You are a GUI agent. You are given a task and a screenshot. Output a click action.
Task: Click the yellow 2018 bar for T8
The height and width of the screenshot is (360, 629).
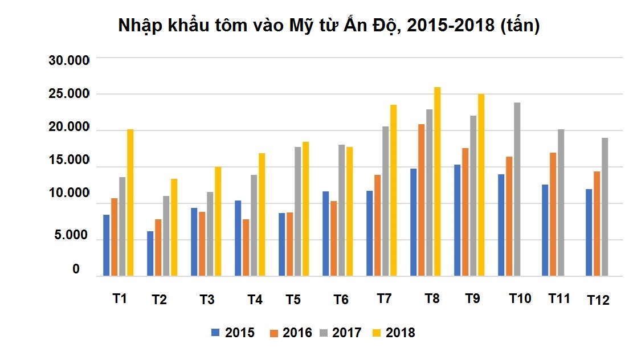point(437,182)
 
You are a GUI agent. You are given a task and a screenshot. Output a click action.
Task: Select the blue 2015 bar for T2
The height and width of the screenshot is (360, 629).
point(150,253)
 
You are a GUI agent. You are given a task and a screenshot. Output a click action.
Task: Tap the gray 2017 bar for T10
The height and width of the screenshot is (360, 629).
point(517,189)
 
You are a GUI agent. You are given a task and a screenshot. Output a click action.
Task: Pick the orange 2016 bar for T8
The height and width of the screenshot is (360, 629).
point(421,200)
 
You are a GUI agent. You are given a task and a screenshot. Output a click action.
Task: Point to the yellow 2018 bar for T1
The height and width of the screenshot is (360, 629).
point(130,203)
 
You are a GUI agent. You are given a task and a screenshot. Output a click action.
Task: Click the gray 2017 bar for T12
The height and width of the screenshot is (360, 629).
point(605,207)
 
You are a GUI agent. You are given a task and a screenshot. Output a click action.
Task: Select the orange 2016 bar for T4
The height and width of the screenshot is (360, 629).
point(246,248)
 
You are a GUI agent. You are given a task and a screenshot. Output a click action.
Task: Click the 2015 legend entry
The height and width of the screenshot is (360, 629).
point(233,333)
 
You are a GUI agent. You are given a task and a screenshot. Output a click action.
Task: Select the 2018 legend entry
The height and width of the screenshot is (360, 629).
point(394,333)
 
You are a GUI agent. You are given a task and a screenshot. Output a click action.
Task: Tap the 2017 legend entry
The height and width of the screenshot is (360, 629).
point(340,333)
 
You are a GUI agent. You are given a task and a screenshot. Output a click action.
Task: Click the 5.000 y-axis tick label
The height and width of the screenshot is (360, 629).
point(72,236)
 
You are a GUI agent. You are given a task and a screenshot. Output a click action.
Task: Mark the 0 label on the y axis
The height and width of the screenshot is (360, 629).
point(76,269)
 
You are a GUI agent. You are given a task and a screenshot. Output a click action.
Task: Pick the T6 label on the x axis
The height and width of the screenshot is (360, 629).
point(341,299)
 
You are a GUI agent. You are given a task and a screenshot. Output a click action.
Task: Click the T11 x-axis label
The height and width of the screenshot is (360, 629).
point(559,298)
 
